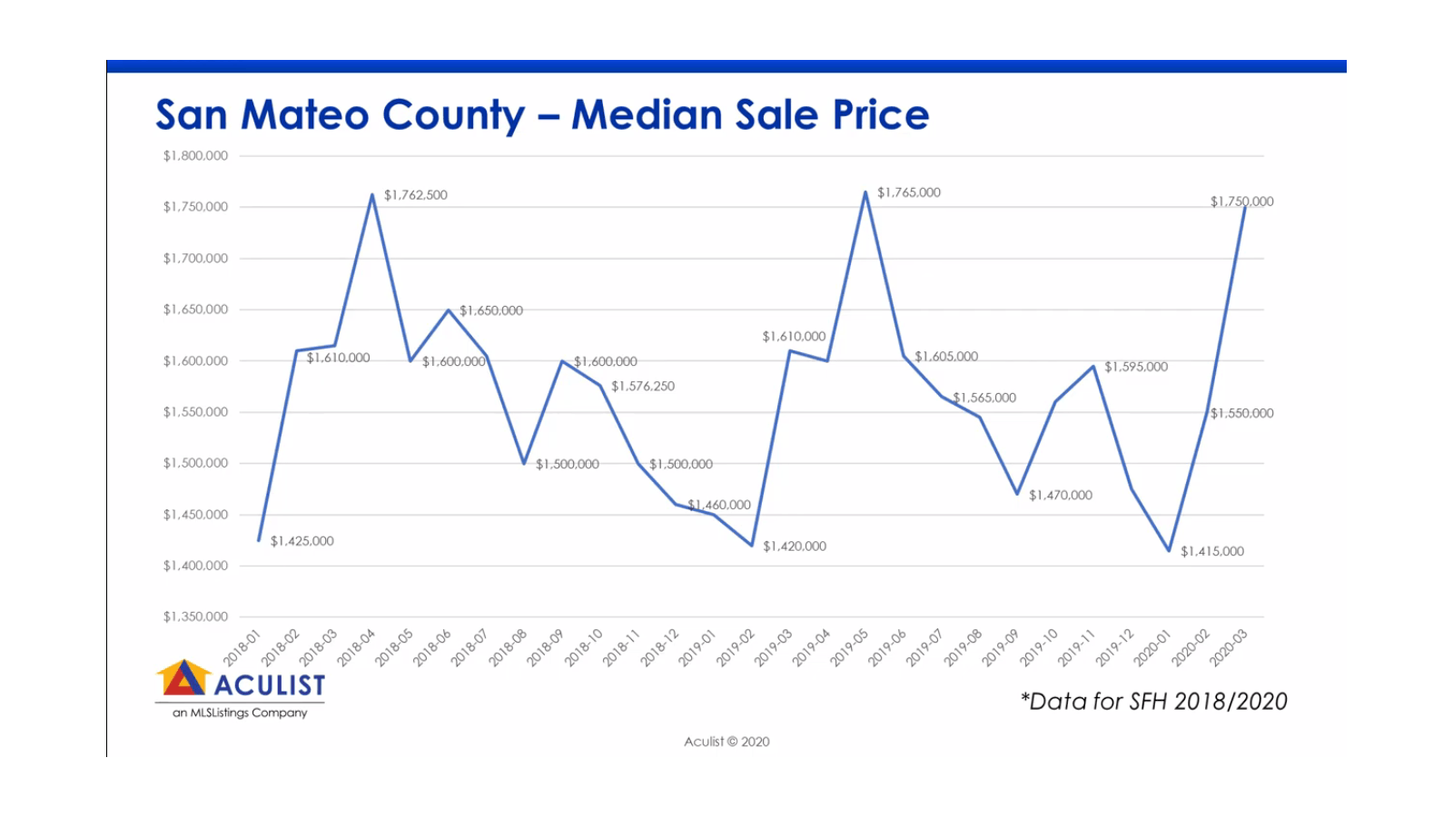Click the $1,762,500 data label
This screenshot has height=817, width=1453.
[x=415, y=195]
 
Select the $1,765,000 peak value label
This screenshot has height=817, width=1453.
[x=908, y=192]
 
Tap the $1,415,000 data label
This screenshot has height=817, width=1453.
[x=1211, y=551]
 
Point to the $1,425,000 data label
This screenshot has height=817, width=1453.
[x=301, y=541]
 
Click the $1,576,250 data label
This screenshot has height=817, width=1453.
[x=642, y=387]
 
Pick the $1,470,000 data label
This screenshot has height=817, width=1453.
[x=1060, y=496]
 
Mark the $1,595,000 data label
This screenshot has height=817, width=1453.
[x=1135, y=367]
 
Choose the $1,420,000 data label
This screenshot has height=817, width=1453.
[x=794, y=546]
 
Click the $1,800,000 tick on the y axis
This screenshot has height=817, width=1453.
[x=195, y=156]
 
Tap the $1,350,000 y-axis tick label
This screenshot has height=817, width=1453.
[x=195, y=617]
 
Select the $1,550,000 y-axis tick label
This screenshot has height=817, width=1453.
[x=195, y=412]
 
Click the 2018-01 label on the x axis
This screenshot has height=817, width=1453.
[x=242, y=648]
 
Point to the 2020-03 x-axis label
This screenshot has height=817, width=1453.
[x=1228, y=648]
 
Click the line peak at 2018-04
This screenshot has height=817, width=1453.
[x=372, y=194]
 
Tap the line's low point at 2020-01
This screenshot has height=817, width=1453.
[x=1169, y=550]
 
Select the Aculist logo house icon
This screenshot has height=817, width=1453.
[x=184, y=678]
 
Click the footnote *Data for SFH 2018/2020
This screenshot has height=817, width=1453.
[x=1153, y=702]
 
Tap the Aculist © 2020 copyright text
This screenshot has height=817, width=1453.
[x=726, y=742]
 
